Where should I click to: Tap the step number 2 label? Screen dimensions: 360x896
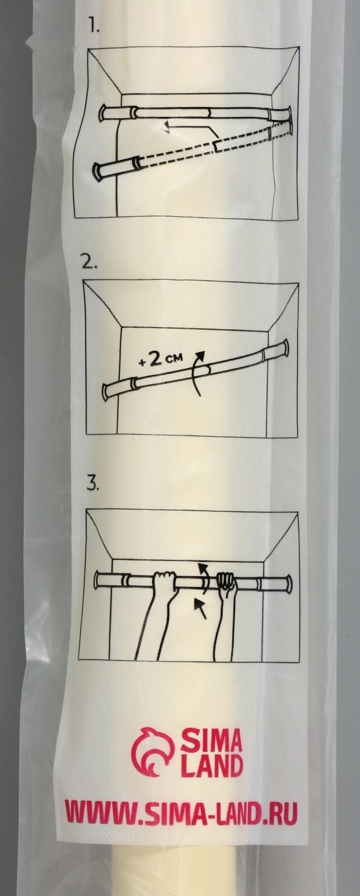(x=88, y=264)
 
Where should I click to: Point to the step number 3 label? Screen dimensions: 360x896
(x=93, y=485)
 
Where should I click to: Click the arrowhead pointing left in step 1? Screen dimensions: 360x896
(x=165, y=128)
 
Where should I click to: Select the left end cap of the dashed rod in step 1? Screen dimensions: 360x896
(x=97, y=170)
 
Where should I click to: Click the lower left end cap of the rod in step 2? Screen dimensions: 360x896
(x=106, y=391)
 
